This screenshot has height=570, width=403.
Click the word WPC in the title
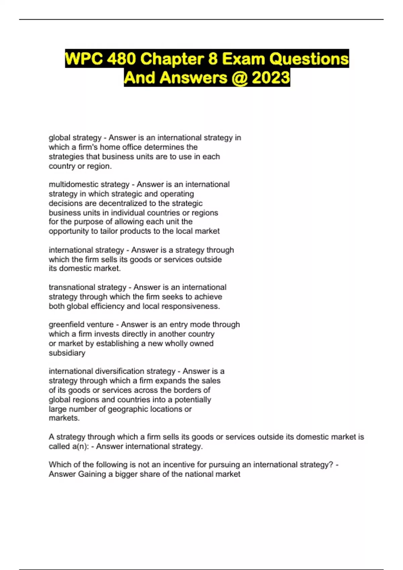(x=84, y=59)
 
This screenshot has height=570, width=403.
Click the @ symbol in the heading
(x=239, y=78)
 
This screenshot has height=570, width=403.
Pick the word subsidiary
(x=67, y=353)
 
